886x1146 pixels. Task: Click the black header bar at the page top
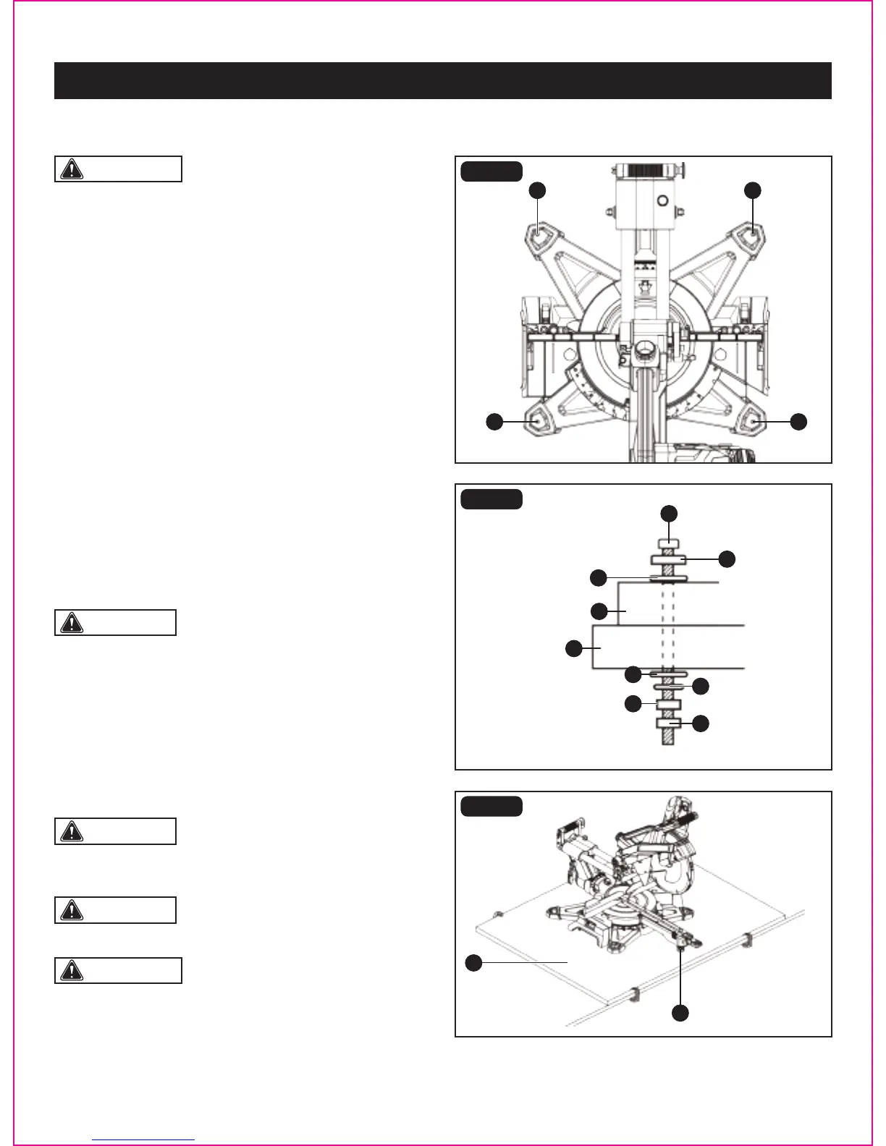tap(442, 80)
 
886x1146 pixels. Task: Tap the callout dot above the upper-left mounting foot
tap(536, 190)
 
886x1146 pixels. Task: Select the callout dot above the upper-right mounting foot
tap(753, 190)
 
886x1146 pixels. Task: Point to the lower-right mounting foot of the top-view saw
tap(752, 421)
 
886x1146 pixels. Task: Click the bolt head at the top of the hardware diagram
tap(668, 544)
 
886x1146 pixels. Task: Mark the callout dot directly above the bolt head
tap(669, 513)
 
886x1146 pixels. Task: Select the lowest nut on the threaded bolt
tap(668, 723)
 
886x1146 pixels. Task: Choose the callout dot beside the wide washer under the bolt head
tap(727, 559)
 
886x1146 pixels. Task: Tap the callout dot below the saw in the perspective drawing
tap(680, 1013)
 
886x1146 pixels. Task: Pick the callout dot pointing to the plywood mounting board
tap(473, 962)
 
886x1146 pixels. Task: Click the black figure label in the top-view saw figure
tap(491, 171)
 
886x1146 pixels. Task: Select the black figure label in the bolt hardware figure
tap(491, 499)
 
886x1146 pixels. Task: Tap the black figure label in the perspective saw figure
tap(491, 806)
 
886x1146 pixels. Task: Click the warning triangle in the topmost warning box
tap(72, 169)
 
